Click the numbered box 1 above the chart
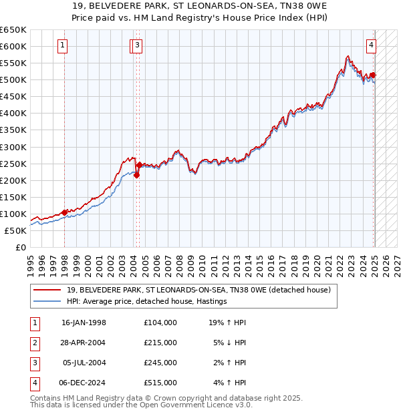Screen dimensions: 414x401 [62, 45]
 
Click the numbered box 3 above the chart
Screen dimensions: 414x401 [137, 45]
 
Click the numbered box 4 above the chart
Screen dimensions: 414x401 [371, 45]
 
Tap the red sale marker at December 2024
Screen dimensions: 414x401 [373, 75]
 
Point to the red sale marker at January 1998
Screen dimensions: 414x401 [65, 212]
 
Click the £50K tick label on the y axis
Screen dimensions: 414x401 [16, 230]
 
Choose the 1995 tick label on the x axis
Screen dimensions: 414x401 [31, 260]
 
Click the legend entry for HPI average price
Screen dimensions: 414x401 [147, 301]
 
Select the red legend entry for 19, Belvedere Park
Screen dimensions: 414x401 [198, 290]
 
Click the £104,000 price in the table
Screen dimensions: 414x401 [160, 323]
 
